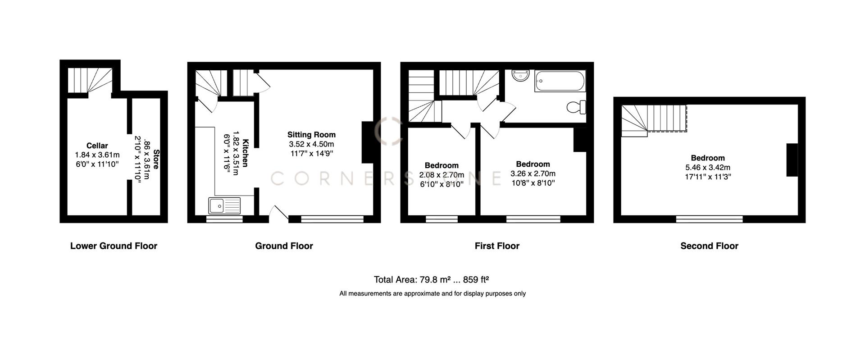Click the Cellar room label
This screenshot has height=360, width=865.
point(97,146)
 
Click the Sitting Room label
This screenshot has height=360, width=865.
point(311,134)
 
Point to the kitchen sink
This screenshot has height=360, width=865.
point(224,206)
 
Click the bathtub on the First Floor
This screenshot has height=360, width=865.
point(560,81)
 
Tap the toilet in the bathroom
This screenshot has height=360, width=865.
point(576,107)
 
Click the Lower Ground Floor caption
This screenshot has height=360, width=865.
point(114,246)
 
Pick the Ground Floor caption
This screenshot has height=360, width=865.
point(284,246)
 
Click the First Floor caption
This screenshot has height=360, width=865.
point(497,246)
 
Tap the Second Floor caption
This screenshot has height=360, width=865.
point(709,246)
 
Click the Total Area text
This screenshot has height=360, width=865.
point(431,279)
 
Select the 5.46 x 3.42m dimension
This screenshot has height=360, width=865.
point(707,167)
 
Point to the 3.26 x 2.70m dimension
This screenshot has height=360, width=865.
point(533,173)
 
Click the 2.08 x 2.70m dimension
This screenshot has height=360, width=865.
point(442,175)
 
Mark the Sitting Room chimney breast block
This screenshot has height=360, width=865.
point(368,142)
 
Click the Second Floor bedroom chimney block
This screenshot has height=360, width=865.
point(792,160)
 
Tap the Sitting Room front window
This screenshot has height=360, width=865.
point(332,219)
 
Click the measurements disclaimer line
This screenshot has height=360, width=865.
point(432,293)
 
